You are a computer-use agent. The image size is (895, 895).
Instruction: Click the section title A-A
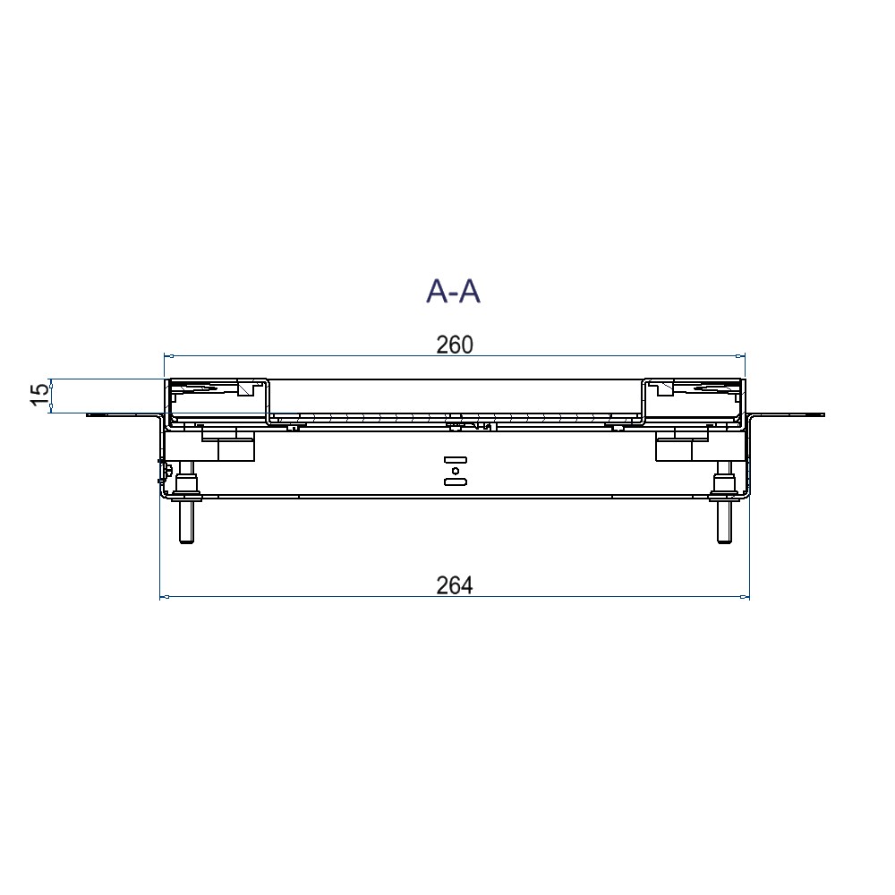[x=453, y=293]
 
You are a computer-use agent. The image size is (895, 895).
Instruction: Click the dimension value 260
[x=455, y=345]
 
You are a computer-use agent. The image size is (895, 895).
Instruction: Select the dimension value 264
[x=455, y=585]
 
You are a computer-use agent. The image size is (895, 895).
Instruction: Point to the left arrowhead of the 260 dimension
[x=168, y=357]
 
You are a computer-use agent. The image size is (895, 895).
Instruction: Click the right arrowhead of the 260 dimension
[x=741, y=357]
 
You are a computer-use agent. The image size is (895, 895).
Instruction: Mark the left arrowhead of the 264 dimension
[x=165, y=597]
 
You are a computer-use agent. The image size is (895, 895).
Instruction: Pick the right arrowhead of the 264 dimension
[x=745, y=597]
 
